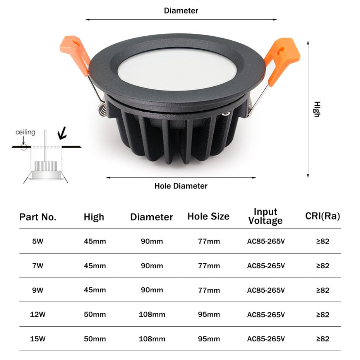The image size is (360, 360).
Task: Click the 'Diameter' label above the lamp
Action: coord(181,10)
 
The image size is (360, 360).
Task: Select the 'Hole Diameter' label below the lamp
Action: coord(181,186)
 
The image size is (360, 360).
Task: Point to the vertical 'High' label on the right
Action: coord(317,109)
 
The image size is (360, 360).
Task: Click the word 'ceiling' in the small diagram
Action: coord(25,132)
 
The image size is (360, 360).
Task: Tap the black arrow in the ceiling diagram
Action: coord(62,134)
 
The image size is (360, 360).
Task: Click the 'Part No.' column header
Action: coord(38,217)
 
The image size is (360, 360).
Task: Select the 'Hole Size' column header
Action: coord(208,216)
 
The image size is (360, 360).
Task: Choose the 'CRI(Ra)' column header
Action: coord(322,216)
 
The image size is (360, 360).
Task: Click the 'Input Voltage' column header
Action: coord(266,216)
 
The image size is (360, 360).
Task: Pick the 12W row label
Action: coord(38,314)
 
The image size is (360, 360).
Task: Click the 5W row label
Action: coord(38,241)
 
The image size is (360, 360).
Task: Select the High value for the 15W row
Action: coord(95,339)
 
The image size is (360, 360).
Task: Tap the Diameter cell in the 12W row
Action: coord(152,314)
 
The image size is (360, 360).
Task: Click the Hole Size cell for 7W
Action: coord(209,266)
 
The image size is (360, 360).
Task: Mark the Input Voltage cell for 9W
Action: coord(266,290)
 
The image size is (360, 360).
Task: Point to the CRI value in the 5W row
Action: coord(322,241)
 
